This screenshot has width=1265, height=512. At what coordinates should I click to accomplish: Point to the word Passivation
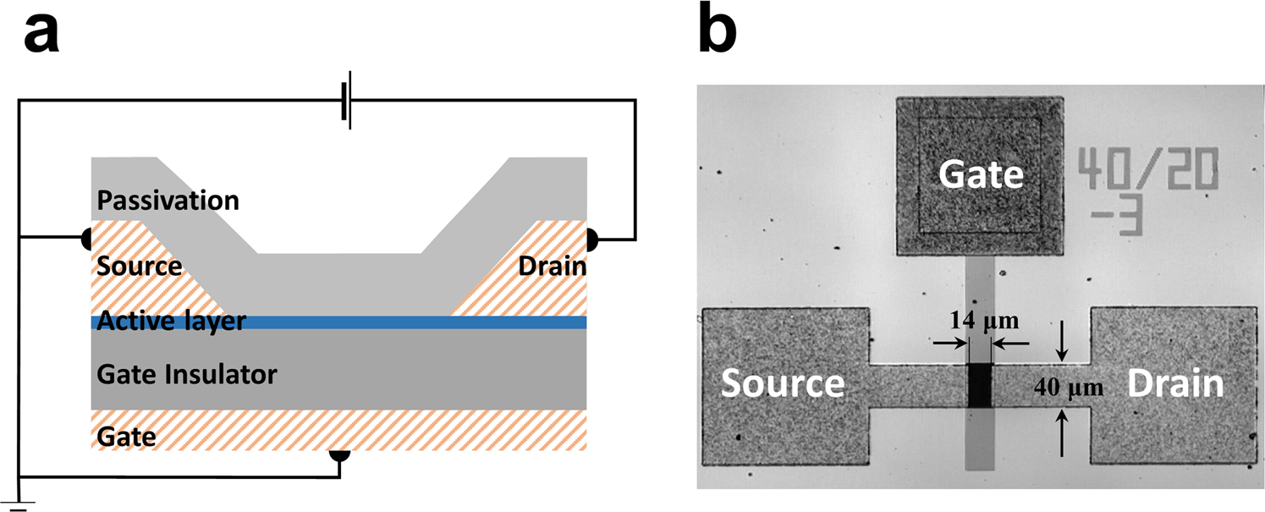[x=168, y=201]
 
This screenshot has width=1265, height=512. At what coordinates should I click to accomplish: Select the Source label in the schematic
[x=139, y=266]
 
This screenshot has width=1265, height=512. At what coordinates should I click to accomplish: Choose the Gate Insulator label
[x=187, y=373]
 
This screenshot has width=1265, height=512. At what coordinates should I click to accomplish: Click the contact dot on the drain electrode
[x=592, y=238]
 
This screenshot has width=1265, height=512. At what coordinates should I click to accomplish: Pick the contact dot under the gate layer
[x=339, y=454]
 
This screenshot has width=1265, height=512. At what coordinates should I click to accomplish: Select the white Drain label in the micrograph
[x=1176, y=384]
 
